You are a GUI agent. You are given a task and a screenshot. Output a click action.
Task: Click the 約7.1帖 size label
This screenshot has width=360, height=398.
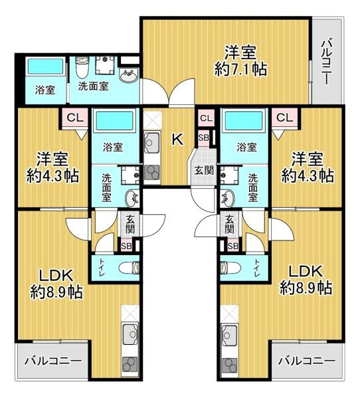pos(240,68)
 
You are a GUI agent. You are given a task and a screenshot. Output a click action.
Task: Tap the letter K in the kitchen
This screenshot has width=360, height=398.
pos(177,140)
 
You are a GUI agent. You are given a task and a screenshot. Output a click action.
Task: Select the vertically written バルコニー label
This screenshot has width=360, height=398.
pos(326,62)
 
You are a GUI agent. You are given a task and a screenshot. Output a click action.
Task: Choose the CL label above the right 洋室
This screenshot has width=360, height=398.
pos(284,118)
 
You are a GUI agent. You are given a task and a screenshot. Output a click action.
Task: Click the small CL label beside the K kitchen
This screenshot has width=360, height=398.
pos(205,118)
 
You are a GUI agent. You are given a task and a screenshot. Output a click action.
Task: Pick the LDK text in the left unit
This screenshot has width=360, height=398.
pos(56,274)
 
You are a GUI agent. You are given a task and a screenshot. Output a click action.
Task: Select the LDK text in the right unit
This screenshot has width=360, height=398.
pos(306,271)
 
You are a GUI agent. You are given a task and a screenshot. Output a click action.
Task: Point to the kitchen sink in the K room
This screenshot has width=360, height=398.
pos(152,142)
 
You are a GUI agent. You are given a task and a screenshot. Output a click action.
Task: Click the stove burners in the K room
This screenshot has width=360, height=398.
pos(152,172)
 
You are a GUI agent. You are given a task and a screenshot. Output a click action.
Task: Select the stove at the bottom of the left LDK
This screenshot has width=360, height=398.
pos(128,363)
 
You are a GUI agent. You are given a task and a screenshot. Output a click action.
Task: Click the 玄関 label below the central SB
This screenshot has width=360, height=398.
pos(203,169)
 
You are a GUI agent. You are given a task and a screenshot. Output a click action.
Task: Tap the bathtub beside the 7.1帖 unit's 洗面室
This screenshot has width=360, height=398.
pos(44,68)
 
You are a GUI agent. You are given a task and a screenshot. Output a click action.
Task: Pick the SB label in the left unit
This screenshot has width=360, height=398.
pos(126,245)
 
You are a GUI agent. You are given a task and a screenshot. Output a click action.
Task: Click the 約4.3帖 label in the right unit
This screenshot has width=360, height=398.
pos(307,168)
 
